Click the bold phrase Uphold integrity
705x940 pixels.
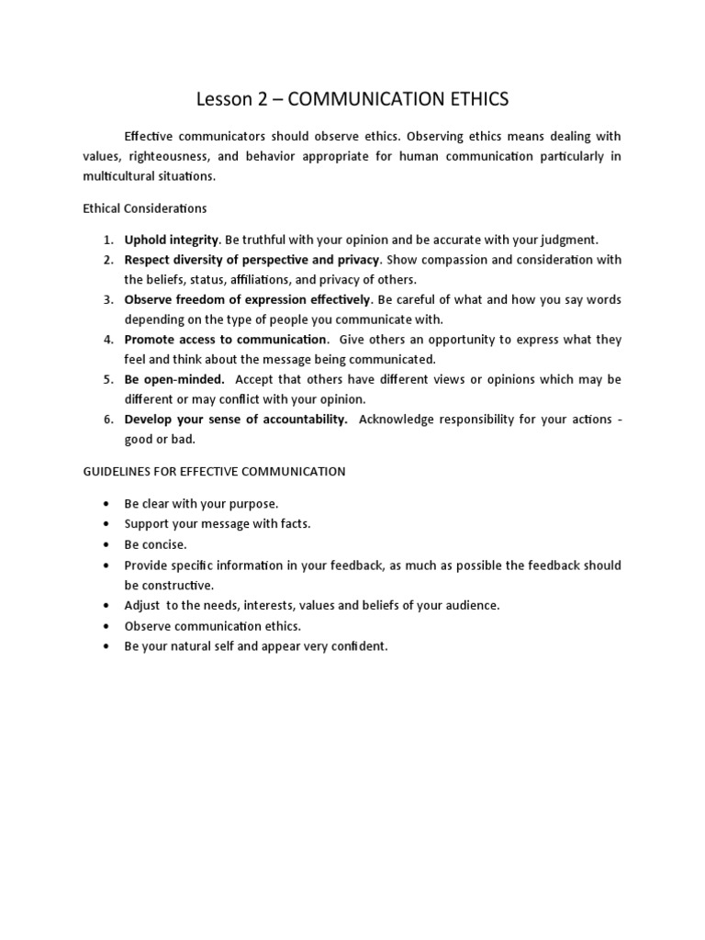(172, 240)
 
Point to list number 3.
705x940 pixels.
(107, 299)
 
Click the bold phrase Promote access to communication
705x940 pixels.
(226, 340)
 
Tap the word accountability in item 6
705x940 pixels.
(304, 420)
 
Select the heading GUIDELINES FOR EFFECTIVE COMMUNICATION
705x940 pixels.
(214, 472)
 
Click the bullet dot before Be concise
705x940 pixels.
(107, 544)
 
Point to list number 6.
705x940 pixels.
(107, 420)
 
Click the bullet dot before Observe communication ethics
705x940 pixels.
(107, 626)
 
